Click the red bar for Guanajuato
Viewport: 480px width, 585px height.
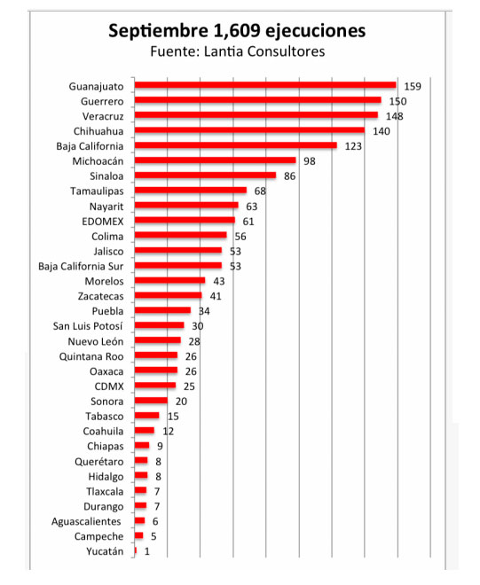(x=265, y=85)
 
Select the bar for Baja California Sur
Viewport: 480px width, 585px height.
(x=178, y=265)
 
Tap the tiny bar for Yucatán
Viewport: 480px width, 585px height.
(x=136, y=550)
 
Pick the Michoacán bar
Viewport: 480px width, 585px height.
(x=216, y=160)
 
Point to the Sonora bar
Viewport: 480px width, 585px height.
(x=152, y=401)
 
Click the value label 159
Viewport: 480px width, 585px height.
(x=413, y=87)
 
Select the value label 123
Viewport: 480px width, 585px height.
(x=353, y=146)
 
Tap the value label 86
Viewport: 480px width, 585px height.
(x=289, y=176)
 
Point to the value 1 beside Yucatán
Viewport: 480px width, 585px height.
(x=146, y=551)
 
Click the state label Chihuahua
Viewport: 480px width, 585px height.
(x=98, y=131)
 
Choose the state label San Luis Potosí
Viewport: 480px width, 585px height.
(x=88, y=326)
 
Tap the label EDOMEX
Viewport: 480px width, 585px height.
(x=103, y=222)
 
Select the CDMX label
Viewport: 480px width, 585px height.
(x=109, y=386)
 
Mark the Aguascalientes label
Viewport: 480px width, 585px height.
(x=86, y=521)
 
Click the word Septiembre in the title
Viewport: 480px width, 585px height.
(x=158, y=31)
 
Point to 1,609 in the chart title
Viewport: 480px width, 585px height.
(x=237, y=31)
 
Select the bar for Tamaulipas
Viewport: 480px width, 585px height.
(x=191, y=191)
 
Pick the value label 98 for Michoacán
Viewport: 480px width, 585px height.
(x=310, y=161)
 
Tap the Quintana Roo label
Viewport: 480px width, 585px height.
(x=91, y=356)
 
